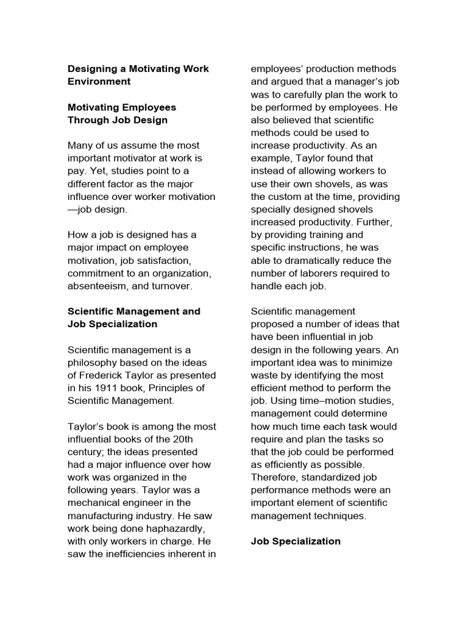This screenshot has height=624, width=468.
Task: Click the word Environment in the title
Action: (x=99, y=82)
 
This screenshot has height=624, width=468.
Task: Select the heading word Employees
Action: (x=146, y=107)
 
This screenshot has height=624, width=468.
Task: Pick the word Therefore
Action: (x=275, y=478)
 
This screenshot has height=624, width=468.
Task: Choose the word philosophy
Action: (x=95, y=363)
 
